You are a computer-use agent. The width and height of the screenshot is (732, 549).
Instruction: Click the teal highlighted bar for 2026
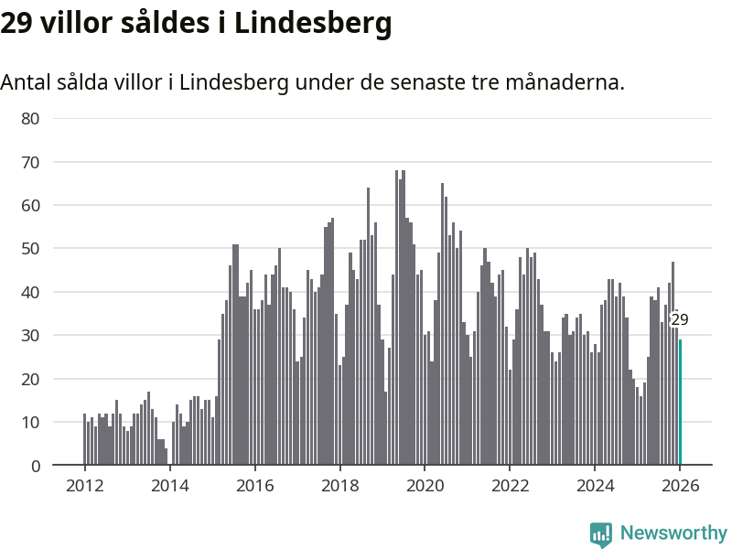pyautogui.click(x=680, y=403)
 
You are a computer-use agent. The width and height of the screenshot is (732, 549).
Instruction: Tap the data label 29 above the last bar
pyautogui.click(x=679, y=319)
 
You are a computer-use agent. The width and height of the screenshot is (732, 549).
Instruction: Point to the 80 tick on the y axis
pyautogui.click(x=30, y=118)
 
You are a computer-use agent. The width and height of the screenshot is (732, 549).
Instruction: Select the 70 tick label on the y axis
pyautogui.click(x=30, y=162)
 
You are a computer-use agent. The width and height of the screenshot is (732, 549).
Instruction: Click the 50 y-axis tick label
pyautogui.click(x=30, y=249)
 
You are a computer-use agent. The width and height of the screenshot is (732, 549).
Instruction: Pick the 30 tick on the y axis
pyautogui.click(x=30, y=336)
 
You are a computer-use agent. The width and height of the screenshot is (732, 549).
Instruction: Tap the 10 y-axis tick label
pyautogui.click(x=30, y=423)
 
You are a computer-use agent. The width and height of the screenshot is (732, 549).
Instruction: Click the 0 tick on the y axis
pyautogui.click(x=35, y=466)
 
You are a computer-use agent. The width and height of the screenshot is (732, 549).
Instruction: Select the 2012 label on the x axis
pyautogui.click(x=84, y=486)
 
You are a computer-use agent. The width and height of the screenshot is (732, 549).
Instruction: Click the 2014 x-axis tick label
pyautogui.click(x=169, y=486)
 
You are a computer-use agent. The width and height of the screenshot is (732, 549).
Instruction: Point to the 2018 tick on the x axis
pyautogui.click(x=339, y=486)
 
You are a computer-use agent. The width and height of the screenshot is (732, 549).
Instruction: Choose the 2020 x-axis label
pyautogui.click(x=425, y=486)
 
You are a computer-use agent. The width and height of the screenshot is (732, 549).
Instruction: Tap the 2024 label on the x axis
pyautogui.click(x=595, y=486)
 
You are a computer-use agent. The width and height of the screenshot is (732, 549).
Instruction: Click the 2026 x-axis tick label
pyautogui.click(x=680, y=486)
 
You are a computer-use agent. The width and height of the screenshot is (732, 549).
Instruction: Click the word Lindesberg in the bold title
pyautogui.click(x=313, y=24)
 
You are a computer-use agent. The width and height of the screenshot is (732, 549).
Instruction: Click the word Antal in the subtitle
pyautogui.click(x=27, y=82)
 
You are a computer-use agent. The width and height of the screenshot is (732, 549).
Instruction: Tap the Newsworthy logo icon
pyautogui.click(x=601, y=533)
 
